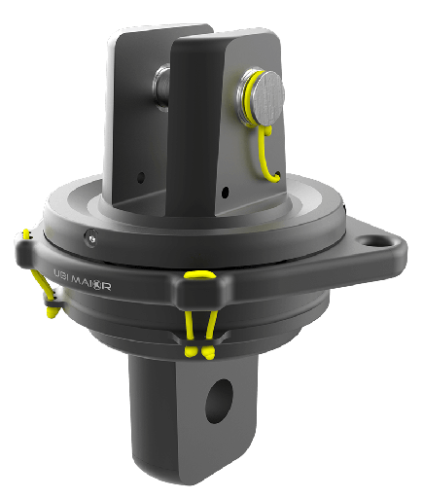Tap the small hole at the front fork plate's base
click(227, 192)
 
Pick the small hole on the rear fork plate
click(142, 178)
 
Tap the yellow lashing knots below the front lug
click(199, 347)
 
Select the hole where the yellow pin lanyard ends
click(277, 177)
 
